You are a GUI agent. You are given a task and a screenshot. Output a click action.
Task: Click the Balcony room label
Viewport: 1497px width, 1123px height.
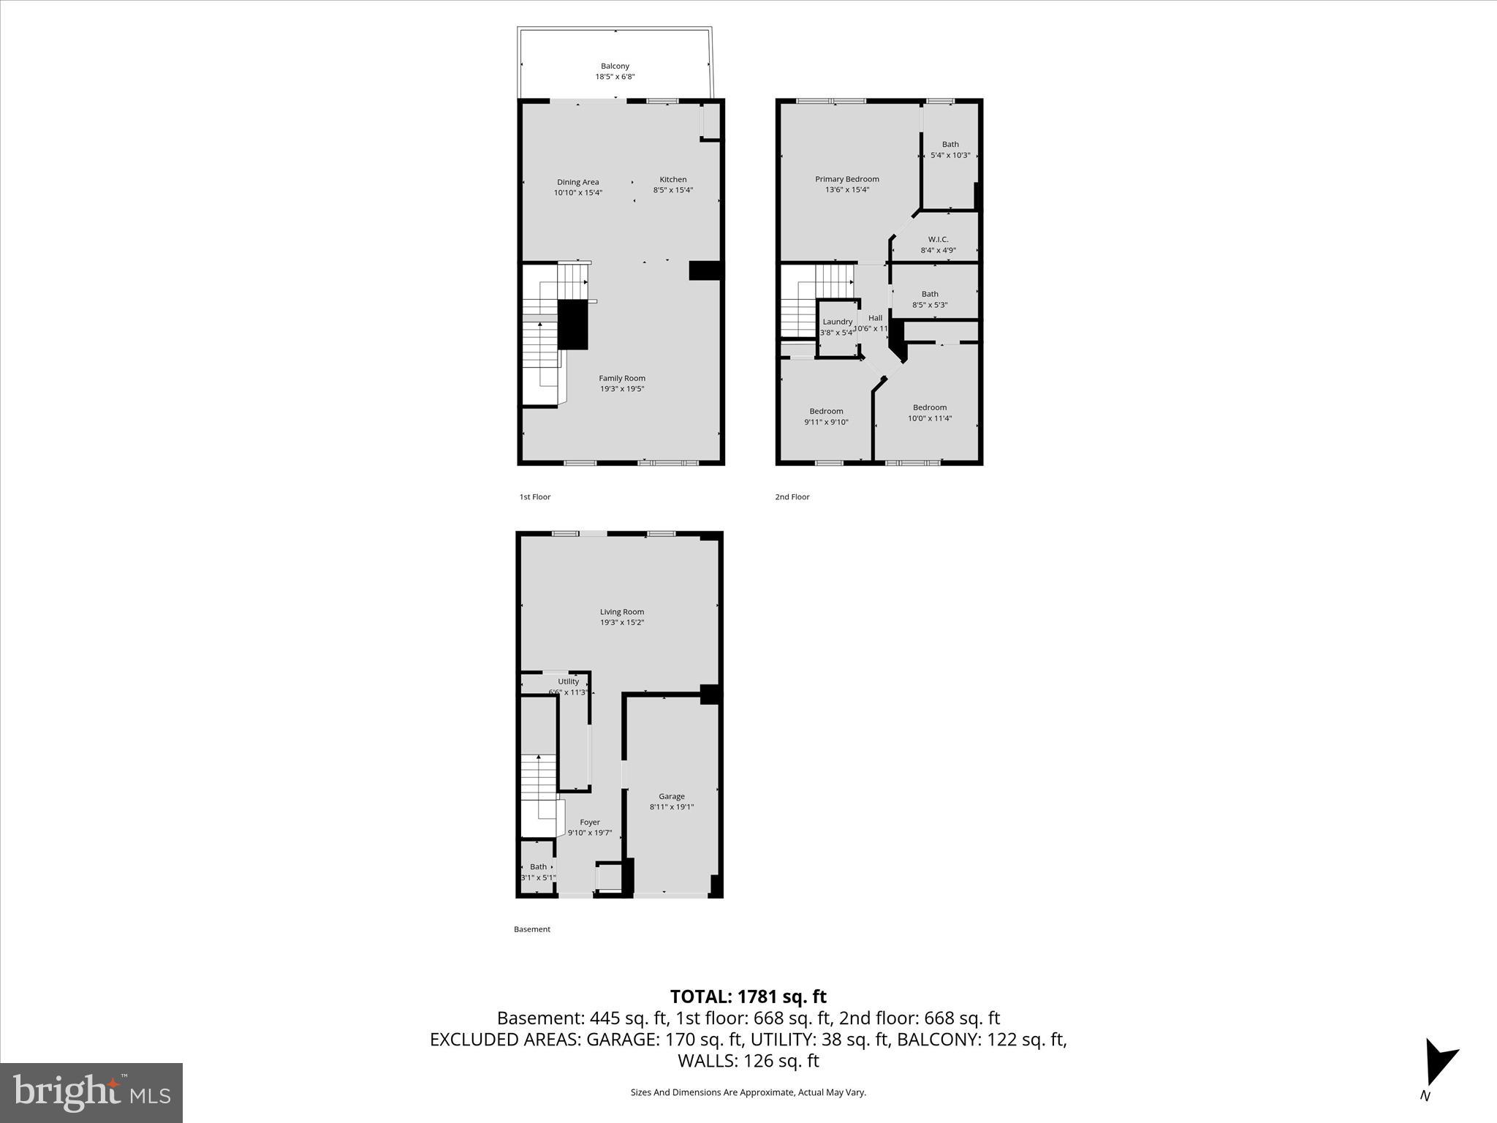(615, 66)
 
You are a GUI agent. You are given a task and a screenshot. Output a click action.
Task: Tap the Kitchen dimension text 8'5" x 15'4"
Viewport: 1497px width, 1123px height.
(672, 190)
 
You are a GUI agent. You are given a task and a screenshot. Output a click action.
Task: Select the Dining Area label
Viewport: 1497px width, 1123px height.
(577, 182)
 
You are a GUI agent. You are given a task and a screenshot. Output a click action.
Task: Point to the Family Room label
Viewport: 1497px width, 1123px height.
(622, 378)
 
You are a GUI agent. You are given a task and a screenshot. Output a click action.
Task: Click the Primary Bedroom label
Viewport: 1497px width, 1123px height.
(846, 179)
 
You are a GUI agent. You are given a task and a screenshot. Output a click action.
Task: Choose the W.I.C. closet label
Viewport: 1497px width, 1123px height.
(938, 239)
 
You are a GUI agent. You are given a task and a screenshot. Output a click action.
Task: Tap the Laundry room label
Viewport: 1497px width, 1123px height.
(837, 322)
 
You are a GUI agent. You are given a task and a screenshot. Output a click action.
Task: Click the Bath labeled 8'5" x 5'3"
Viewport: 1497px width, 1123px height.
(929, 294)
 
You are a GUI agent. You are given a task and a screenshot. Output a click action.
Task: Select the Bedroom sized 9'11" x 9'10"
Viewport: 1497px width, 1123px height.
(826, 411)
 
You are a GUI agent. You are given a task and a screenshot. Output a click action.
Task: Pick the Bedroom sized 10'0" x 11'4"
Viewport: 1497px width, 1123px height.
(929, 407)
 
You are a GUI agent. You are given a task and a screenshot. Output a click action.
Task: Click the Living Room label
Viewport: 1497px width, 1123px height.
(621, 612)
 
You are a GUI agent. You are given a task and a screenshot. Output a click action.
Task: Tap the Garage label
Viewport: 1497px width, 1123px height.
(671, 796)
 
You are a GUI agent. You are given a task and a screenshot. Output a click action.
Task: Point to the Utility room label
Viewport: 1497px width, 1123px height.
(568, 681)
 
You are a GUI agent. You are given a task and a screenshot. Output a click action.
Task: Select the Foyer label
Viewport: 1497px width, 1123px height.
(589, 822)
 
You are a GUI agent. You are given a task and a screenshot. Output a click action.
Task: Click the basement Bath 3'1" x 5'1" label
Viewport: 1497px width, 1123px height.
(538, 866)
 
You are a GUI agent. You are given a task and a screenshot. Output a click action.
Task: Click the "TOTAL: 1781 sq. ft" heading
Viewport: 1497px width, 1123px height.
(748, 997)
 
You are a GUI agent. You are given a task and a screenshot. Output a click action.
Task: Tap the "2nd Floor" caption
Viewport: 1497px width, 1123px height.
(792, 496)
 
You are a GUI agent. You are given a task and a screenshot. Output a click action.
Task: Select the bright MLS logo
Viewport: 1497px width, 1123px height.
(91, 1092)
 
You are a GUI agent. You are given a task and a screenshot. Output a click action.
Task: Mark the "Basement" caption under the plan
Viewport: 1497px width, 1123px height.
(531, 929)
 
